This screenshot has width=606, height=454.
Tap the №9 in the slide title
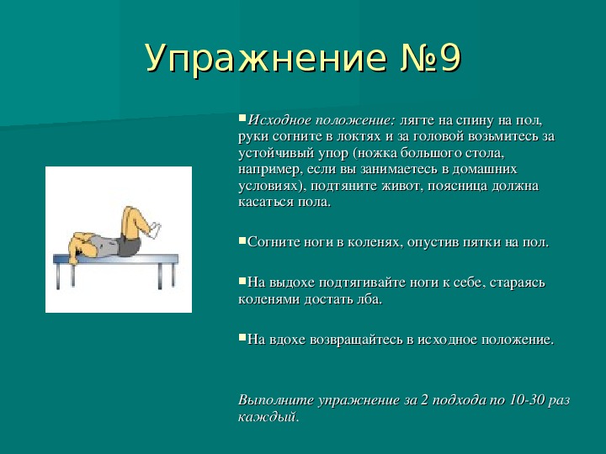[430, 58]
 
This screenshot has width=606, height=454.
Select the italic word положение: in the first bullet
[355, 121]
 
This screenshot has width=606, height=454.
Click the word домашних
[485, 170]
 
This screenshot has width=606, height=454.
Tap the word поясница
[458, 186]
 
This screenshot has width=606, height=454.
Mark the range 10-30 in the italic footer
[525, 400]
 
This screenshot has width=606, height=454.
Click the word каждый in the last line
[268, 417]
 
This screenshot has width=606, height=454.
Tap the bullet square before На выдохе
[242, 281]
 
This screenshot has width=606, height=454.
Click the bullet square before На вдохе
[242, 338]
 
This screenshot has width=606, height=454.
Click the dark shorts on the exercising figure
[129, 245]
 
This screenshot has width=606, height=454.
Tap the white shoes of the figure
[155, 230]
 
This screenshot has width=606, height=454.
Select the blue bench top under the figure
[115, 259]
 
